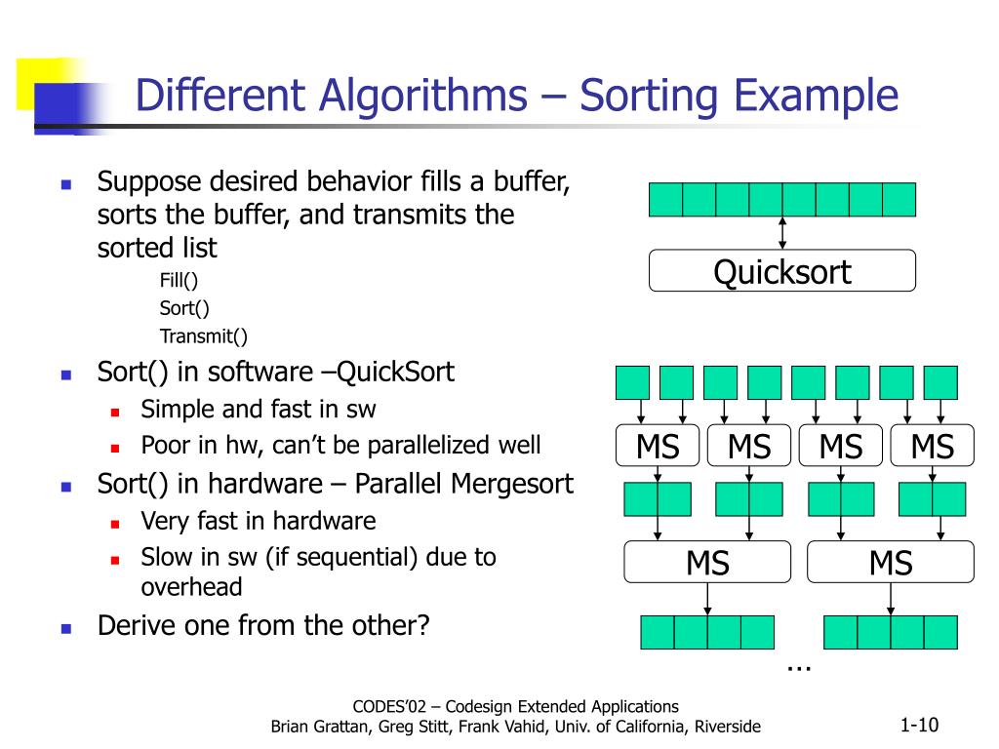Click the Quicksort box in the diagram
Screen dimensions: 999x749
click(782, 270)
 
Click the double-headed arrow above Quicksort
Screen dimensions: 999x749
click(782, 232)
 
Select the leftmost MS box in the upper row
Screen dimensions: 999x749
click(658, 447)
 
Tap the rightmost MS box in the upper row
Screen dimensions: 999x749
click(932, 447)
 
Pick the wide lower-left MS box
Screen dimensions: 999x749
click(707, 562)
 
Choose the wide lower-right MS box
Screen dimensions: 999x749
click(891, 562)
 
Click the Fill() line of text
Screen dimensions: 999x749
click(179, 282)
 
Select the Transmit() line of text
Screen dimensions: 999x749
click(204, 336)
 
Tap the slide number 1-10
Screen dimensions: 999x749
click(919, 725)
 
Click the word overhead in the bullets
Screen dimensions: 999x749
click(191, 586)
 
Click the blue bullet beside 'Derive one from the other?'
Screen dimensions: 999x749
click(67, 627)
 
